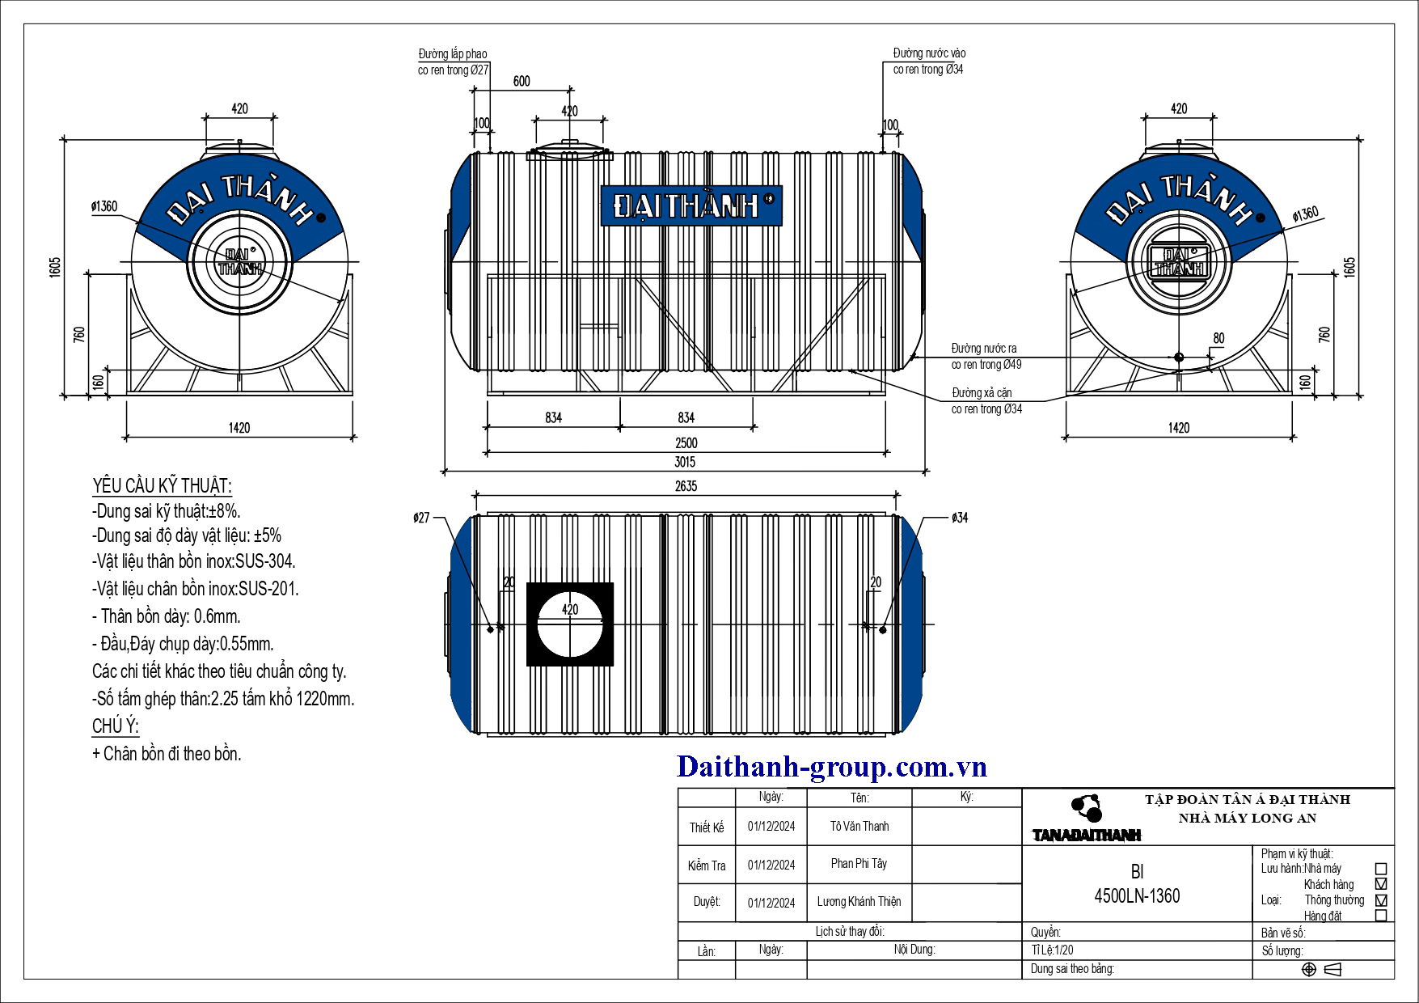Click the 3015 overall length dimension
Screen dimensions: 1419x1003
(x=685, y=462)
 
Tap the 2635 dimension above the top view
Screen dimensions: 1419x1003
(x=686, y=486)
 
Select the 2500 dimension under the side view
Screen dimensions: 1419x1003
(x=686, y=442)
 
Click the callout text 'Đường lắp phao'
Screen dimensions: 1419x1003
(x=453, y=54)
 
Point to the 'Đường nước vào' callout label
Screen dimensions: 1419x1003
(x=929, y=53)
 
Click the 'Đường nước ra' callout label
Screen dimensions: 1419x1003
(x=984, y=349)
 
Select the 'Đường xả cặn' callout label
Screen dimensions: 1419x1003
(x=982, y=393)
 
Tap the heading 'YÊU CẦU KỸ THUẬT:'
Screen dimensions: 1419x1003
(x=162, y=485)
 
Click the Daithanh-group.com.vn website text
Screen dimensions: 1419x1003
(x=832, y=766)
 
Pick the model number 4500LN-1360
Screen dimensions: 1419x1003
(x=1137, y=895)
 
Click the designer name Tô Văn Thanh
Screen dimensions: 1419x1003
(x=859, y=826)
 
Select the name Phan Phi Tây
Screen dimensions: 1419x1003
(x=859, y=864)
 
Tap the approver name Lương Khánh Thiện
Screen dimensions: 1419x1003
(x=859, y=901)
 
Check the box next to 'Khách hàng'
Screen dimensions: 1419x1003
(x=1381, y=884)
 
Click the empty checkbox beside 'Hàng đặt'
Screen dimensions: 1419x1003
(x=1381, y=916)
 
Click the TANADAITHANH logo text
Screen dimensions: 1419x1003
(x=1087, y=836)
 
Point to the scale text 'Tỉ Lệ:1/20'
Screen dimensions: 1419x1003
(x=1053, y=950)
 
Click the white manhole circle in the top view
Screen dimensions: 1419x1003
(x=570, y=624)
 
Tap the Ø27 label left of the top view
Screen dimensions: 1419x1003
(x=421, y=518)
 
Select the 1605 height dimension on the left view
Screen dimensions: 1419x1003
(x=55, y=267)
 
